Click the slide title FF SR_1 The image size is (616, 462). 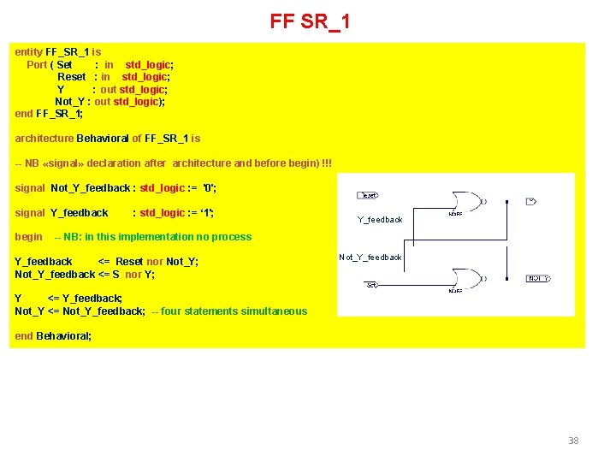[309, 21]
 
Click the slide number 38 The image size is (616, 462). [573, 441]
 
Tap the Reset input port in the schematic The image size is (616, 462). [367, 195]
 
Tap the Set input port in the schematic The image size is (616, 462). [372, 285]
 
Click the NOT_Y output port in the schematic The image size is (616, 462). [537, 279]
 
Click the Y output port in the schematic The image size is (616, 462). [530, 202]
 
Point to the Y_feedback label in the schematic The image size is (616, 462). [380, 220]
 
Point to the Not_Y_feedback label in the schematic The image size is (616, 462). [370, 258]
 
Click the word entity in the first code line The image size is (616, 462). [29, 52]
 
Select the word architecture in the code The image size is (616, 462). [44, 139]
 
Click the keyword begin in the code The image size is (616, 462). [28, 237]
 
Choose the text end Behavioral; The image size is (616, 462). [53, 336]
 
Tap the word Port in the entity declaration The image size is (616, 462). [37, 65]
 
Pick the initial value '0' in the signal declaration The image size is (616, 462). [208, 188]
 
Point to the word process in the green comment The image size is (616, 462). [232, 237]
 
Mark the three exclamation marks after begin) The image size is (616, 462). [328, 163]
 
